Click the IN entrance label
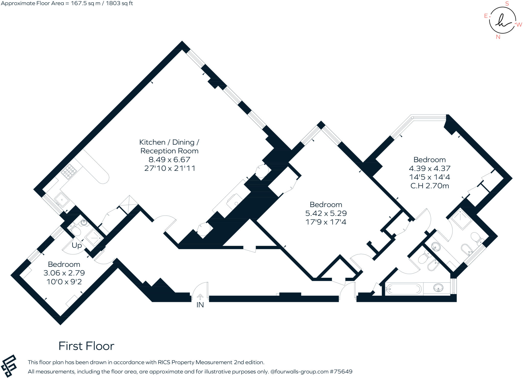pos(200,305)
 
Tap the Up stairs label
pos(77,245)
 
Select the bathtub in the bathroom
pos(403,289)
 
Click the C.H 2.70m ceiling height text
pos(430,186)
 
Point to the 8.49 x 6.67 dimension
pos(169,160)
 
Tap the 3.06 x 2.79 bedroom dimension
pos(64,273)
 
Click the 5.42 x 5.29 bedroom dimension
pos(326,213)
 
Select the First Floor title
pos(86,346)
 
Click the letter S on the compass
pos(507,4)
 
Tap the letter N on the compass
pos(498,37)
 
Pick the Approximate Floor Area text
pos(67,3)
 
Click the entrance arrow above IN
pos(200,297)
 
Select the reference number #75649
pos(341,372)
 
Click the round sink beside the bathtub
pos(438,288)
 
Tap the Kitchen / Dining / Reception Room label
pos(169,146)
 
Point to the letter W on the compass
pos(519,25)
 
